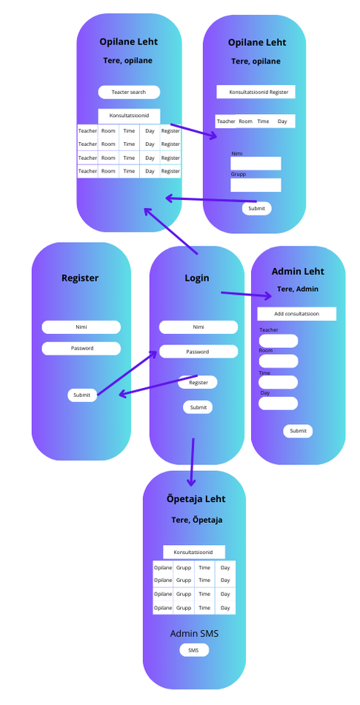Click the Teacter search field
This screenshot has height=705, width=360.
[129, 92]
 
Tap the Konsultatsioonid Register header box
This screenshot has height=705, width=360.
[256, 92]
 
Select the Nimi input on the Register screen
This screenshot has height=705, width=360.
[81, 327]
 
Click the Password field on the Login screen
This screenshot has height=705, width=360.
[199, 352]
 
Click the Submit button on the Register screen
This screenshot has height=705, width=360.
[82, 395]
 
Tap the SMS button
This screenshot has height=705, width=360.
[194, 650]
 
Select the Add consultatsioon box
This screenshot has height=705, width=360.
[297, 314]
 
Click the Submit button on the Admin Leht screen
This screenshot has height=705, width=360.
[298, 431]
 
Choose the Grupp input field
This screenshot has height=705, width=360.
[256, 185]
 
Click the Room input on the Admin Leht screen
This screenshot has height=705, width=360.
[278, 361]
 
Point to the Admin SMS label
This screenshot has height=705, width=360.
[194, 633]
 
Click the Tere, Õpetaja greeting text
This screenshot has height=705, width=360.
[196, 520]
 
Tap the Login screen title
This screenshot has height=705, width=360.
[197, 278]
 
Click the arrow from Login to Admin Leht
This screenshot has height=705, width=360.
[246, 295]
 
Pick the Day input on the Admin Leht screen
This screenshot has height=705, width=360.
[278, 404]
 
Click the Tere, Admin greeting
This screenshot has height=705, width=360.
[298, 289]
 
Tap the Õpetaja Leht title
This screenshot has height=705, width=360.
[196, 499]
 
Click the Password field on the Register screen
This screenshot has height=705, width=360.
[81, 349]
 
